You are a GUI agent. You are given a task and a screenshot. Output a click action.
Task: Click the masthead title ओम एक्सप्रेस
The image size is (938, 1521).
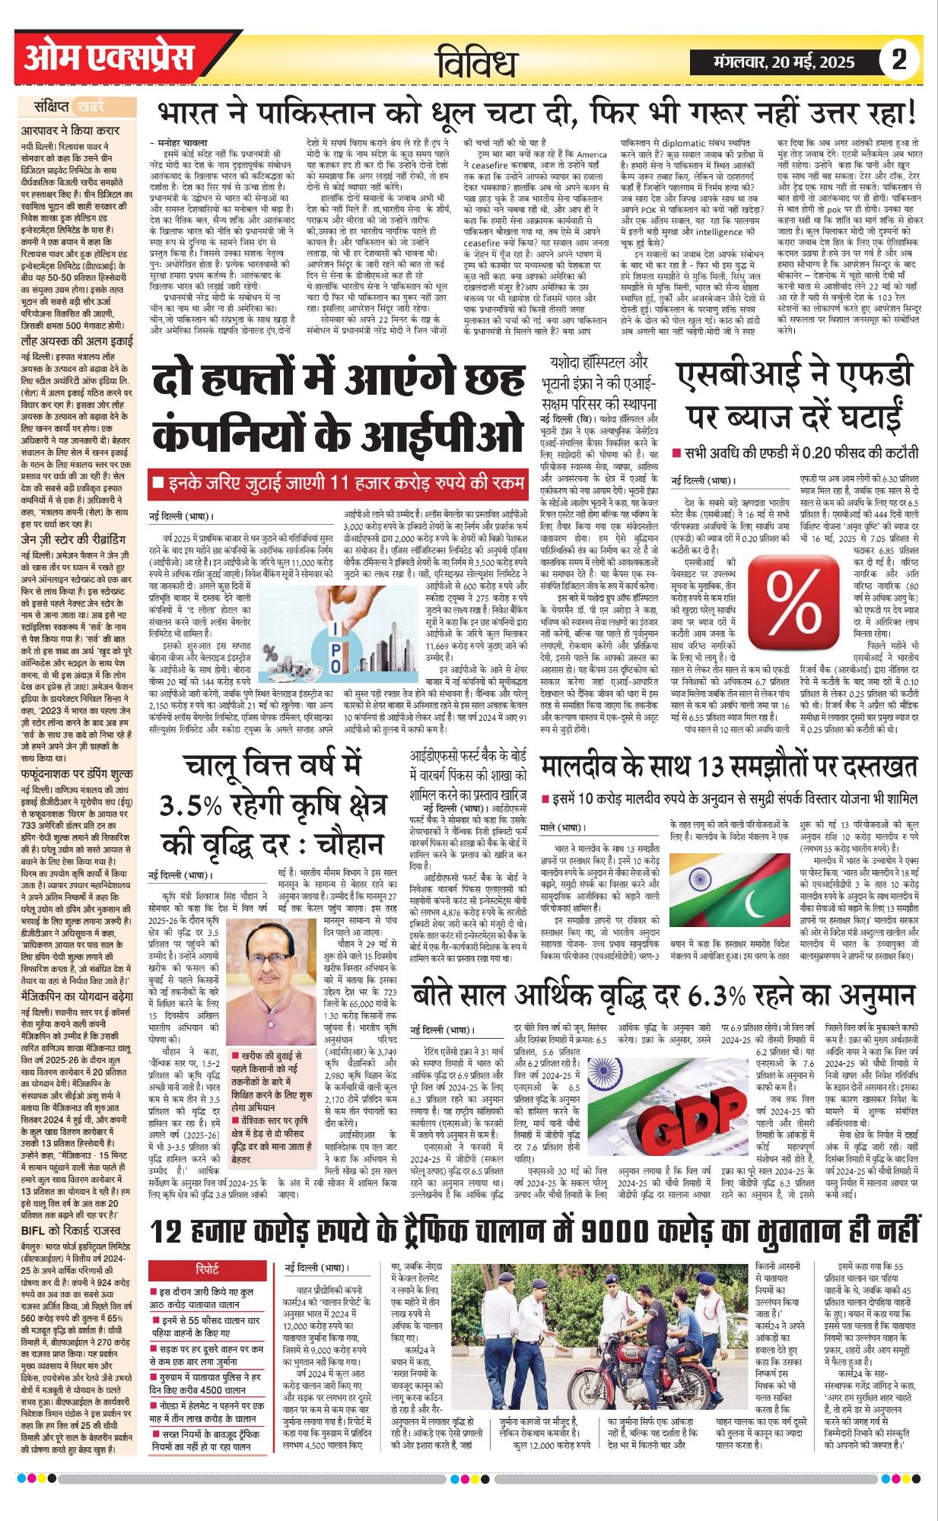pyautogui.click(x=110, y=58)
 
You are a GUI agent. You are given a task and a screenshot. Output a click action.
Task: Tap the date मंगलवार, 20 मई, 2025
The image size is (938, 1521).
pyautogui.click(x=784, y=62)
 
